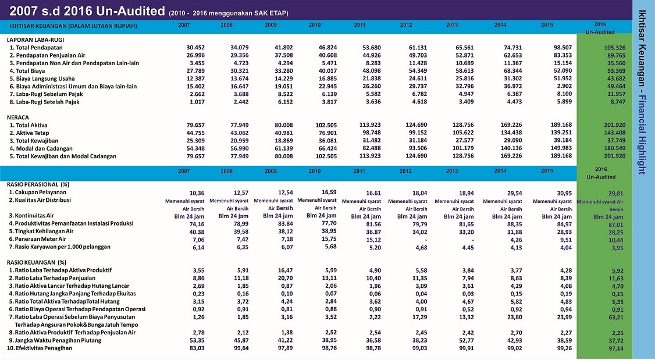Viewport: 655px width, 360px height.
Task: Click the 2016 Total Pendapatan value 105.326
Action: pyautogui.click(x=614, y=48)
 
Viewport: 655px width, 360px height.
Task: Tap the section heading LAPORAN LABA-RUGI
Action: pyautogui.click(x=35, y=40)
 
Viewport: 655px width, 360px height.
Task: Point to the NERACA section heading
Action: pyautogui.click(x=18, y=118)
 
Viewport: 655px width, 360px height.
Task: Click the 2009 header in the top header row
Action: pyautogui.click(x=270, y=25)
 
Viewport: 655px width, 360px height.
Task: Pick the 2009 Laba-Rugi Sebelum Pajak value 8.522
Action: pyautogui.click(x=285, y=94)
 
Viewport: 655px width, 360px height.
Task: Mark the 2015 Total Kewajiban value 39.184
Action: pyautogui.click(x=561, y=140)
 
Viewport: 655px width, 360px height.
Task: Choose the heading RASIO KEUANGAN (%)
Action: pyautogui.click(x=37, y=263)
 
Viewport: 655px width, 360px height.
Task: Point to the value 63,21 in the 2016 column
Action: pyautogui.click(x=615, y=318)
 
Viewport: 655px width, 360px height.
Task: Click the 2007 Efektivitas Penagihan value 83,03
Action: pyautogui.click(x=197, y=348)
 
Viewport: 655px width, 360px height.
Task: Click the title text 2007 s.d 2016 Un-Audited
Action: pyautogui.click(x=87, y=11)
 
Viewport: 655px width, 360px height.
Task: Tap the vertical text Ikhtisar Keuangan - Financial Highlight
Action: pyautogui.click(x=642, y=92)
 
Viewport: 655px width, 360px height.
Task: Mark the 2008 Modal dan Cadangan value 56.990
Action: pyautogui.click(x=239, y=149)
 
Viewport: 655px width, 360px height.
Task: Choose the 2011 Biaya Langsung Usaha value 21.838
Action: pyautogui.click(x=372, y=79)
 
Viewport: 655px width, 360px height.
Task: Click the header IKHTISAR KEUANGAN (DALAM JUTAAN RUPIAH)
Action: pyautogui.click(x=73, y=26)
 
